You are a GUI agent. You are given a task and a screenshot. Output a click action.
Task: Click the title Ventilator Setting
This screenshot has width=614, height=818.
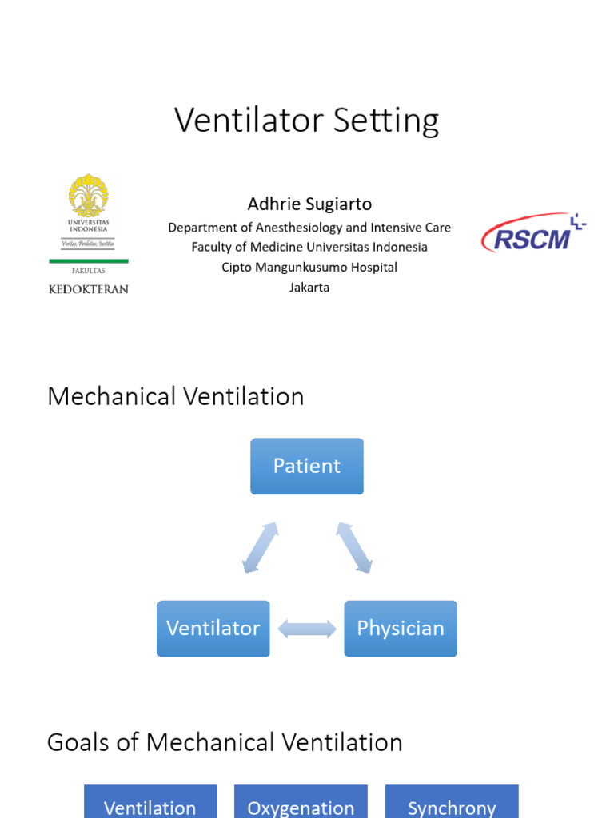coord(307,121)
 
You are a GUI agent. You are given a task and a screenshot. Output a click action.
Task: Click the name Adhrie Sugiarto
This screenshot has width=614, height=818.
coord(309,204)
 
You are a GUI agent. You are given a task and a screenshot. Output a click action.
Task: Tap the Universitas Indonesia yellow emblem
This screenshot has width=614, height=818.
coord(88,196)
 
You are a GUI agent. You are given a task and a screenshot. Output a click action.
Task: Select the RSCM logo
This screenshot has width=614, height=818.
coord(532,233)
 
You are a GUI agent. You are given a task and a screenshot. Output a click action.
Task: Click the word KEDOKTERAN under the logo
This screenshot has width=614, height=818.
coord(88,289)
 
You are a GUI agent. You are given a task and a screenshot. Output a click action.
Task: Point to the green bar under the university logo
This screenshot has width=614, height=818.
coord(88,261)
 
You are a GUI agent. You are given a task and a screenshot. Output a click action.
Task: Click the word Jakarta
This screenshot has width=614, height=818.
coord(309,287)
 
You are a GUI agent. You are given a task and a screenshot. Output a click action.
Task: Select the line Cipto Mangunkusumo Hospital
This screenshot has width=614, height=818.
coord(309,267)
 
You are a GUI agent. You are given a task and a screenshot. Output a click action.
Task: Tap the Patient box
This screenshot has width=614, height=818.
coord(307,466)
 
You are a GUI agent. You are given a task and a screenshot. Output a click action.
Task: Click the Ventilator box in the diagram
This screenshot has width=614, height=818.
coord(213,629)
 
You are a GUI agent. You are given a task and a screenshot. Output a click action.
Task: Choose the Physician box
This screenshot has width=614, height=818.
coord(400,629)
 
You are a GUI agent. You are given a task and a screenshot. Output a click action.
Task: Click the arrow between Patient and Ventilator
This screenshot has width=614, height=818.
coord(260,547)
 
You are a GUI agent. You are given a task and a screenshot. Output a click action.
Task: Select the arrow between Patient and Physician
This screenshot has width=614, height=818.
coord(354,547)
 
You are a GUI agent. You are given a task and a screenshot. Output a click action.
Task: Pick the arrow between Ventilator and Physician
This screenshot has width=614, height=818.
coord(307,629)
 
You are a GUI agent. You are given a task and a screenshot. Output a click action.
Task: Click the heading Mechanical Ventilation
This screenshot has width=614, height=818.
coord(176,397)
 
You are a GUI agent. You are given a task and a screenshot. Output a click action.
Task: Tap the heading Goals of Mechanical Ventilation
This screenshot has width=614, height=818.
coord(225,742)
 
